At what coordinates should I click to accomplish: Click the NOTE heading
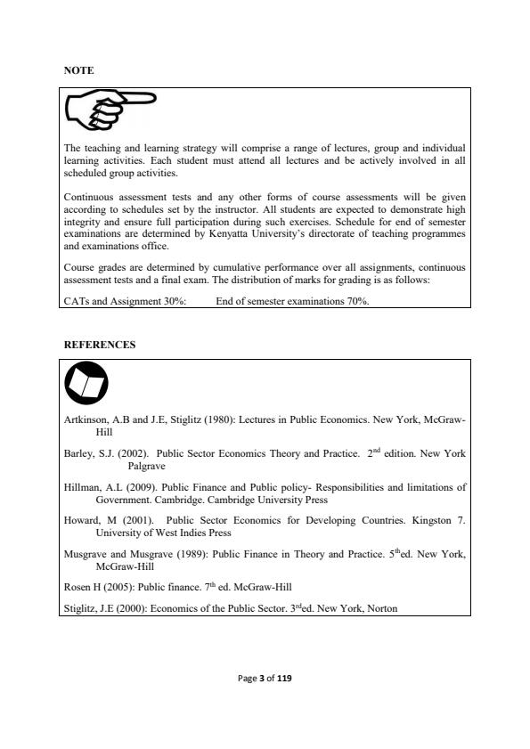coord(79,69)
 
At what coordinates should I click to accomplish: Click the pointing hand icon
coord(111,111)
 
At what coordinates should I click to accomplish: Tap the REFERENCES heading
coord(100,344)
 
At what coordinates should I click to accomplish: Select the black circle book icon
coord(86,385)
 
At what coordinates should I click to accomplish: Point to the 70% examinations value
coord(357,301)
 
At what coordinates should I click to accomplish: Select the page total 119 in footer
coord(284,679)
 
